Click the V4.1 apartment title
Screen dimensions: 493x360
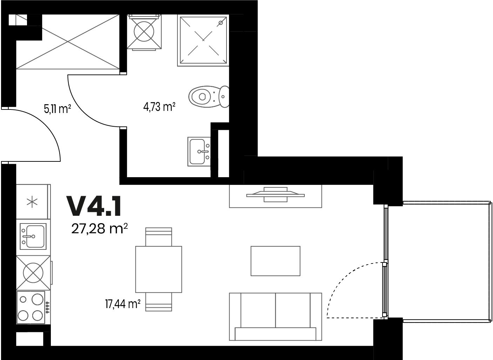click(94, 207)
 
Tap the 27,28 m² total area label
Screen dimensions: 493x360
click(100, 229)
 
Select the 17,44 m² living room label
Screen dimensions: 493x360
click(123, 304)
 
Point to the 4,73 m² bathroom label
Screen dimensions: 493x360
click(159, 107)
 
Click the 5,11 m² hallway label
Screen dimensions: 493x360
click(57, 109)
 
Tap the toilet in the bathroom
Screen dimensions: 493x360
click(209, 96)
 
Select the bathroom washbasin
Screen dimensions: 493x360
click(199, 152)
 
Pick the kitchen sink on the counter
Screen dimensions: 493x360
click(33, 236)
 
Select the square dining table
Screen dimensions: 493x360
click(159, 269)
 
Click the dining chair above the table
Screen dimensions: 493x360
click(159, 237)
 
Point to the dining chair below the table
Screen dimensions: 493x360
click(159, 302)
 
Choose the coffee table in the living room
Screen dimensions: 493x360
click(276, 261)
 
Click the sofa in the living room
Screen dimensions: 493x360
click(276, 316)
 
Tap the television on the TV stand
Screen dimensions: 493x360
click(276, 195)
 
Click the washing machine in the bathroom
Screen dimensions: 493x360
click(144, 32)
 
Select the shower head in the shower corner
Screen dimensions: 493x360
click(221, 23)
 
